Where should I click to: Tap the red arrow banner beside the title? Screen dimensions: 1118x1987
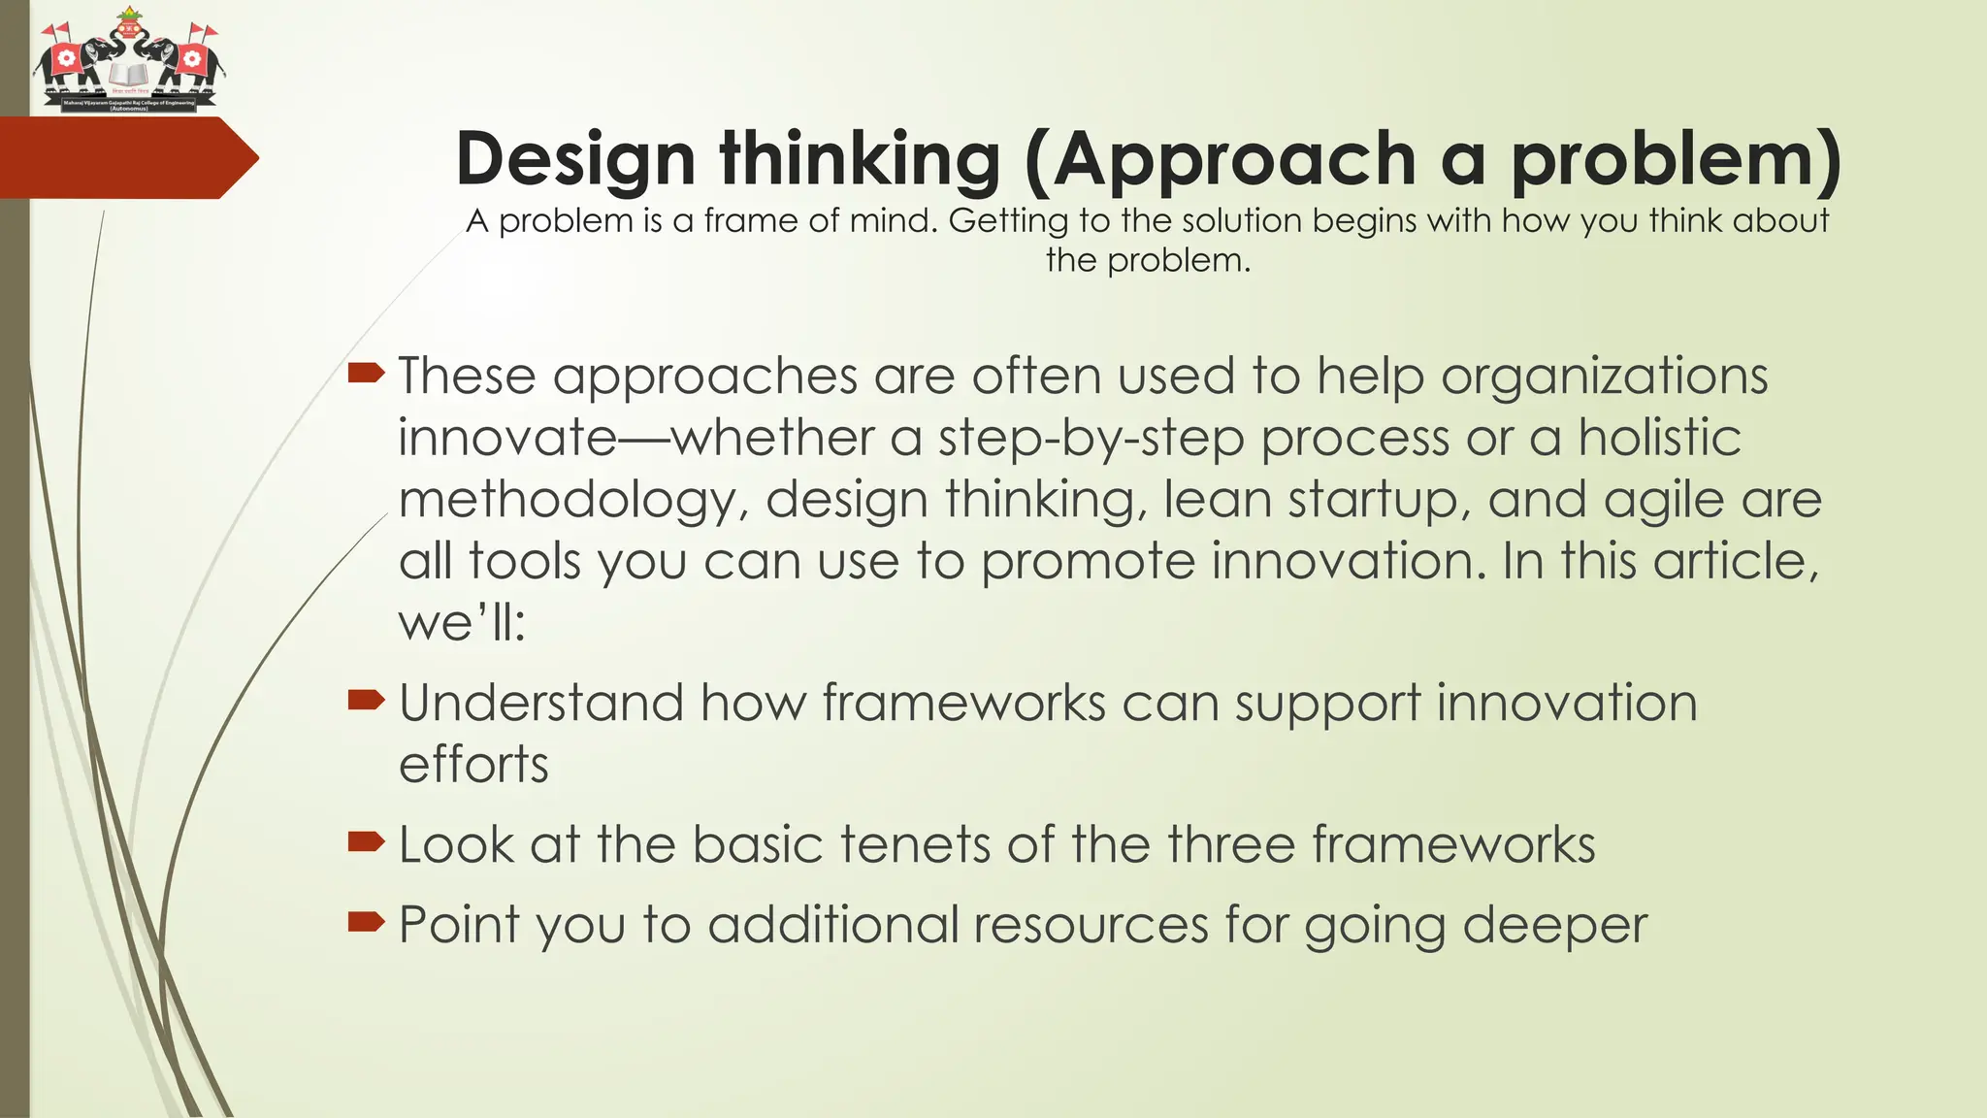[x=126, y=158]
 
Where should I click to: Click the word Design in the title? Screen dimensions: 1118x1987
[x=575, y=158]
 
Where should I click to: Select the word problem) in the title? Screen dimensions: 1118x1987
[x=1676, y=158]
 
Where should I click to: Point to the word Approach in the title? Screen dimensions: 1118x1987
[x=1235, y=158]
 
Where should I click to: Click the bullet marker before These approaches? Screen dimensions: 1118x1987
[x=366, y=373]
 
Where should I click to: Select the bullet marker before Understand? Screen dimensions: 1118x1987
[x=366, y=699]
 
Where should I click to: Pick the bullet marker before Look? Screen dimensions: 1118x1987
[x=366, y=840]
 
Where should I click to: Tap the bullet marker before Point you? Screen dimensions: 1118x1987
[x=366, y=921]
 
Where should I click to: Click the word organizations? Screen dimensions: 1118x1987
[x=1604, y=378]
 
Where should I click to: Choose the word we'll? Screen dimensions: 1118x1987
[x=462, y=622]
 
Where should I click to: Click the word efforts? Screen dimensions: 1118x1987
[x=473, y=764]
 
